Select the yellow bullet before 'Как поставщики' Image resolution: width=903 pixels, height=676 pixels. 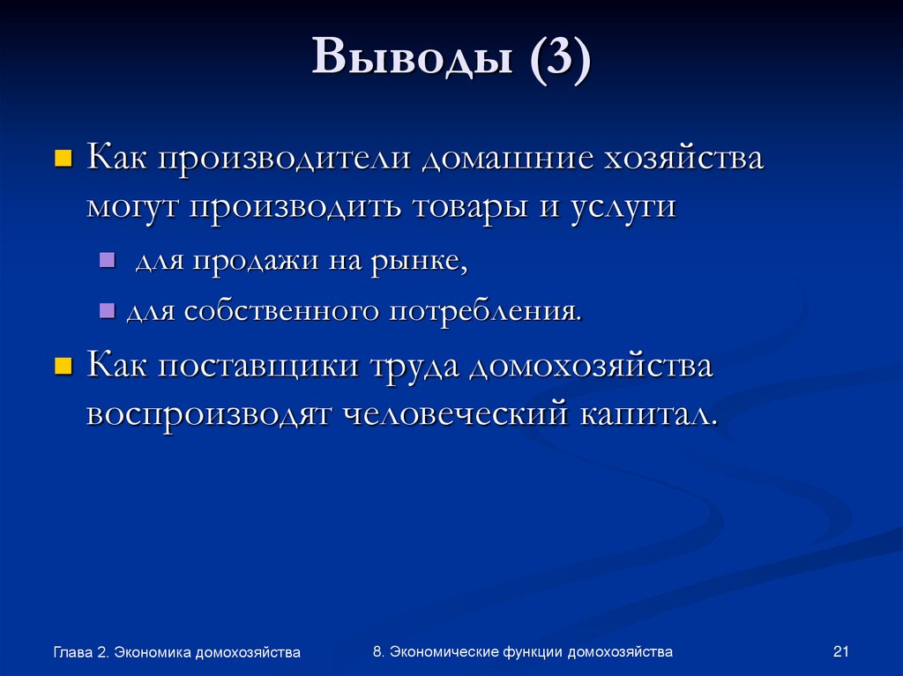coord(63,366)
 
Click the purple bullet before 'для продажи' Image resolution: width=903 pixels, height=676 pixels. coord(107,260)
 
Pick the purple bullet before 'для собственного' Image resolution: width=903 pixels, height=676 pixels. coord(107,310)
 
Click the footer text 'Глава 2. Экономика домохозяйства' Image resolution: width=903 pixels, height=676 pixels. coord(176,652)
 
